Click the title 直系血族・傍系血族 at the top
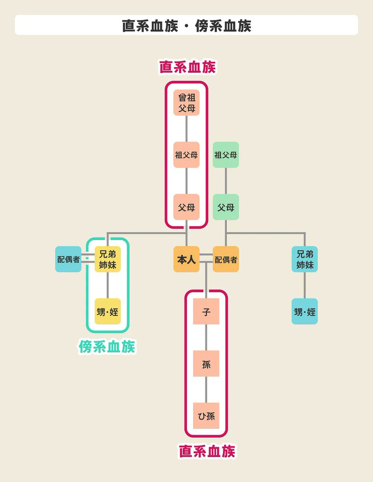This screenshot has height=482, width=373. point(186,25)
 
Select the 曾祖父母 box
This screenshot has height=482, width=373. point(186,102)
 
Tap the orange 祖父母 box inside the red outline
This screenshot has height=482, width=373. point(186,155)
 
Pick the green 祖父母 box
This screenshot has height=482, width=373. point(225,155)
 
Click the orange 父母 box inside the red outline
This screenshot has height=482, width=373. point(186,207)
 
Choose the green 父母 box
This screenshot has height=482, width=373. point(225,207)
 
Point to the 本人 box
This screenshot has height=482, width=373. point(186,259)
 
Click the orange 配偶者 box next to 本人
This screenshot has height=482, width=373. point(225,259)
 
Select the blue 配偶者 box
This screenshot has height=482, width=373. point(68,259)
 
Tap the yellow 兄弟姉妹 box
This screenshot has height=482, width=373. point(107,259)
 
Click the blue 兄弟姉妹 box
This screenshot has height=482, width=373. point(304,259)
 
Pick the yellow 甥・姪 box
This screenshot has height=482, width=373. point(107,311)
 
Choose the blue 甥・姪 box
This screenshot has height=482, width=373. point(304,311)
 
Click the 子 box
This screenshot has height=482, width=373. point(206,311)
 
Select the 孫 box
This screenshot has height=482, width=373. point(206,364)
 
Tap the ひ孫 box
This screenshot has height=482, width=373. point(206,416)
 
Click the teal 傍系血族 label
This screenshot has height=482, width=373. point(107,347)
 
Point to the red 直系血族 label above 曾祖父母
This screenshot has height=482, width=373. point(187,67)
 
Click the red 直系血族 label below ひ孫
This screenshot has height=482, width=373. point(207,451)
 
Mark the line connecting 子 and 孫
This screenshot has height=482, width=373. point(206,337)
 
